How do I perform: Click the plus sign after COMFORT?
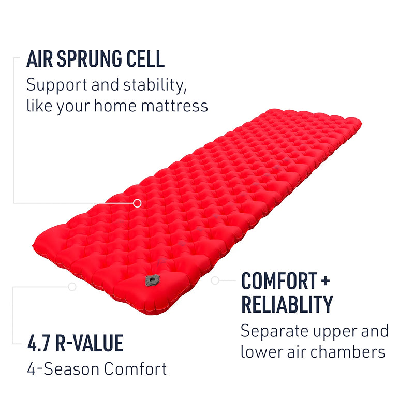click(324, 280)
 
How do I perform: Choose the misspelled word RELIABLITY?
click(287, 305)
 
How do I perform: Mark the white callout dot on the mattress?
click(137, 203)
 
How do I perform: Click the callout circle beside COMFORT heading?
click(215, 280)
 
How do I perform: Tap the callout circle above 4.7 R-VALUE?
click(72, 286)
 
